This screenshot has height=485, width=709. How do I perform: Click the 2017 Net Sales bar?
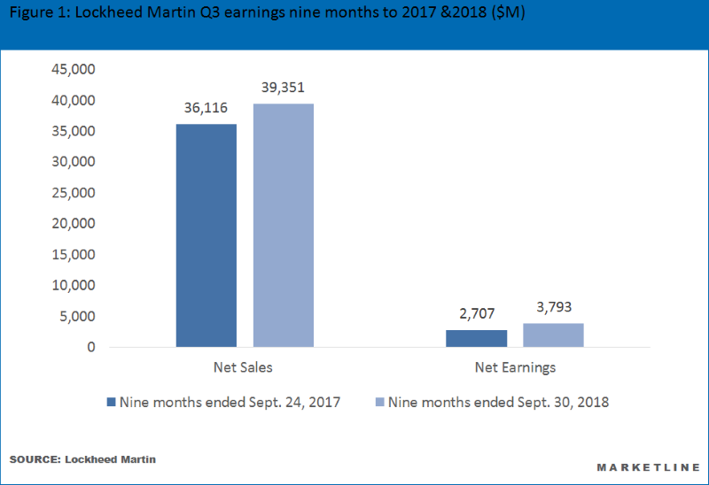206,235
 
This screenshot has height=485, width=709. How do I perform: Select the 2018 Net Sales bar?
283,225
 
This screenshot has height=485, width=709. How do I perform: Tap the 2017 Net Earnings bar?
476,338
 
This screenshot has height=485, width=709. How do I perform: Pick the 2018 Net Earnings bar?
553,335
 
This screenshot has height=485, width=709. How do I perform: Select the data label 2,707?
476,313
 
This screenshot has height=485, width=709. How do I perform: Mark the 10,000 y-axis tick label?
74,286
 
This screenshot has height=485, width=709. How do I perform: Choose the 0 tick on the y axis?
90,347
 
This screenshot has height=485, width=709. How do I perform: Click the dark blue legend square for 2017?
112,402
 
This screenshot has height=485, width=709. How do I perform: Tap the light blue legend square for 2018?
379,402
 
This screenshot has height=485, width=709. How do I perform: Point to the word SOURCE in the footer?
33,461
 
